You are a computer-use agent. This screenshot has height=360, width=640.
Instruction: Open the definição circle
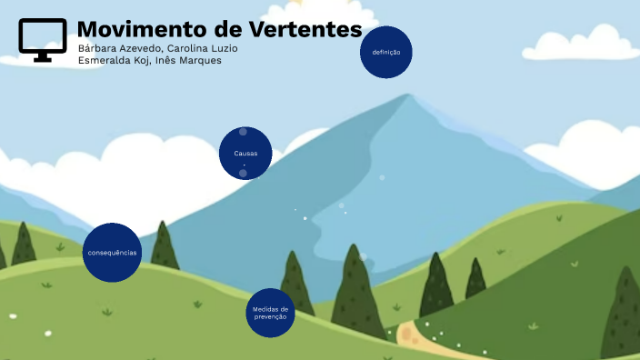[386, 53]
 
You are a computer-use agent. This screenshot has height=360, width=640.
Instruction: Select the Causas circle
[245, 154]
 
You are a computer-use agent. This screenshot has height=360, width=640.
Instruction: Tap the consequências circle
[112, 252]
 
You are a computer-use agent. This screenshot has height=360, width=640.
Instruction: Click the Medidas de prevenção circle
[270, 313]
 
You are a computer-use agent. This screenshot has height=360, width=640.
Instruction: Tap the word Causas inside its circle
[245, 154]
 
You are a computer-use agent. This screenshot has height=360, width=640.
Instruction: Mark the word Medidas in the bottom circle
[270, 308]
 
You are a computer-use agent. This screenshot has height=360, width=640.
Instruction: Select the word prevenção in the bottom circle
[270, 316]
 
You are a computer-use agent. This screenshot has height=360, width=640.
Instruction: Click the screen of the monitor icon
[43, 35]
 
